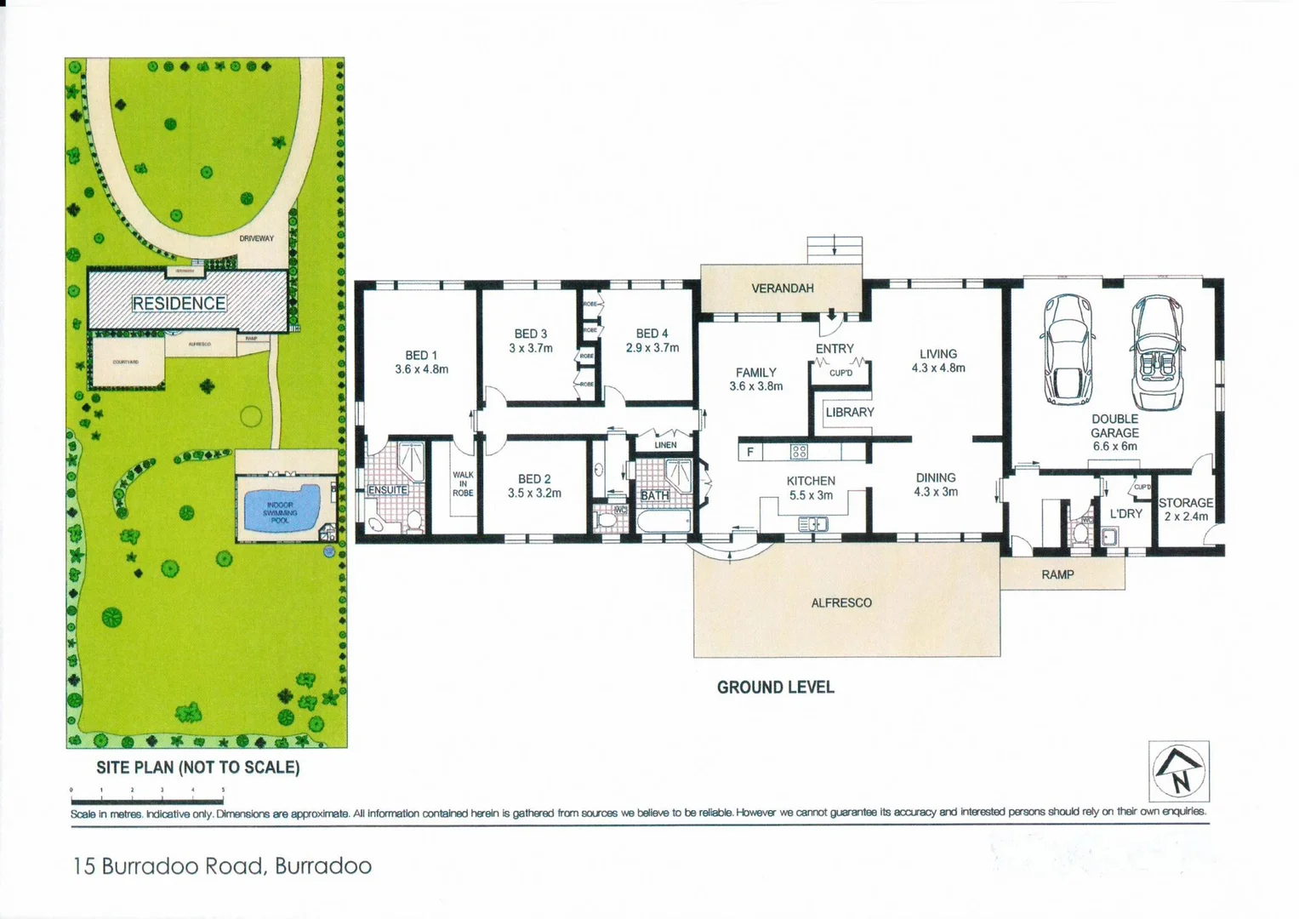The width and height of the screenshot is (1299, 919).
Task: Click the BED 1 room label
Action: point(421,355)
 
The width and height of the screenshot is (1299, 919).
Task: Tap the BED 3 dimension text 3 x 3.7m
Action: point(531,348)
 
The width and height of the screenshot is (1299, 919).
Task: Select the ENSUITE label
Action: point(388,490)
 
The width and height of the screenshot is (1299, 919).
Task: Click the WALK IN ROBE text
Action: point(463,484)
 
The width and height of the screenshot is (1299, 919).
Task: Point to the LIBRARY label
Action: point(849,412)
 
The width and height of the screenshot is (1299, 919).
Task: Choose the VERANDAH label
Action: point(782,288)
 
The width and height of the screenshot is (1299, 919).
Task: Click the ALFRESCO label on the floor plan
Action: point(840,602)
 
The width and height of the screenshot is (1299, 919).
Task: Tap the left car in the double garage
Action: point(1068,349)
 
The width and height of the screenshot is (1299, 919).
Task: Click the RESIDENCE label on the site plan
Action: point(179,304)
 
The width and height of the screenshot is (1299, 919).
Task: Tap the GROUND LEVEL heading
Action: point(775,688)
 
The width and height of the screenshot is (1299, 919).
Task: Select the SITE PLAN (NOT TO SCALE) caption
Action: point(197,768)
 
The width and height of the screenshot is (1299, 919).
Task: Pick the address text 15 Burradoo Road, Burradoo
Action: point(223,866)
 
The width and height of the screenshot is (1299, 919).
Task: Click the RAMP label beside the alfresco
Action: point(1057,575)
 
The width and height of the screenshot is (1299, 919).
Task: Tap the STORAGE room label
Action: point(1185,503)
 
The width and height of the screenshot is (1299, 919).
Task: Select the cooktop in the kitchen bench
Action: point(799,452)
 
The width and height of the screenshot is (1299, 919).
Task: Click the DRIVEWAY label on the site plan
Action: point(256,239)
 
